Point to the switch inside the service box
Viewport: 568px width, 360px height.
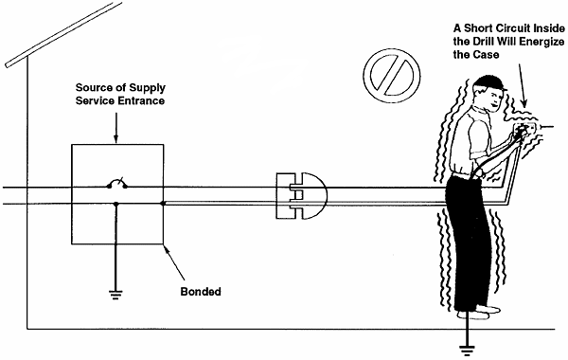[x=116, y=183]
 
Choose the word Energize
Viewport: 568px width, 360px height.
[x=541, y=43]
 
